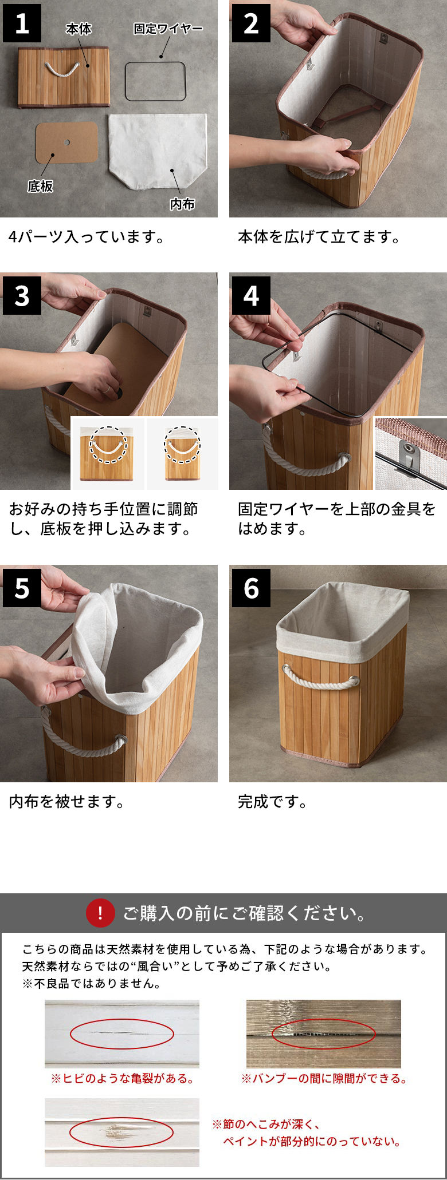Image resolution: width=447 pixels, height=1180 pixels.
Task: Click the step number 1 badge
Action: click(x=22, y=23)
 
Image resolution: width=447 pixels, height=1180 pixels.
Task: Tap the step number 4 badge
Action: click(x=251, y=295)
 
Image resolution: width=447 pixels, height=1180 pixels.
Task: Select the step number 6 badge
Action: click(x=251, y=588)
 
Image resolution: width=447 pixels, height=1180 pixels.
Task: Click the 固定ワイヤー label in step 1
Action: click(x=168, y=29)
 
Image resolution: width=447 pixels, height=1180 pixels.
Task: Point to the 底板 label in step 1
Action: click(x=40, y=186)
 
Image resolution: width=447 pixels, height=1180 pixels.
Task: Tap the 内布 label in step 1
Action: click(x=182, y=204)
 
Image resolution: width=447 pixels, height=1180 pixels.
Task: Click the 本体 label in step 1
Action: click(x=79, y=29)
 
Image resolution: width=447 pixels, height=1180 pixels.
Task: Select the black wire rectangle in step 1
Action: click(x=155, y=62)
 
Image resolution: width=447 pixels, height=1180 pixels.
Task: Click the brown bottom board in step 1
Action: click(x=67, y=142)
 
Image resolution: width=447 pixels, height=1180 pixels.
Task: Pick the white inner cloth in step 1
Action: click(x=157, y=152)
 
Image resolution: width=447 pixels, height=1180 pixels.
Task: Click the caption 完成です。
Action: click(x=273, y=802)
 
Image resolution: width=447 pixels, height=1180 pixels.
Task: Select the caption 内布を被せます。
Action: click(x=67, y=802)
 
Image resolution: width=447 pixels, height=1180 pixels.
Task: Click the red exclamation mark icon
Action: click(x=100, y=913)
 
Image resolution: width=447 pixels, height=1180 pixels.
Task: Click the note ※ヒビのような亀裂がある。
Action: click(x=123, y=1079)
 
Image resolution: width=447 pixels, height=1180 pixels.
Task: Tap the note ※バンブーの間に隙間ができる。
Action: click(x=324, y=1079)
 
